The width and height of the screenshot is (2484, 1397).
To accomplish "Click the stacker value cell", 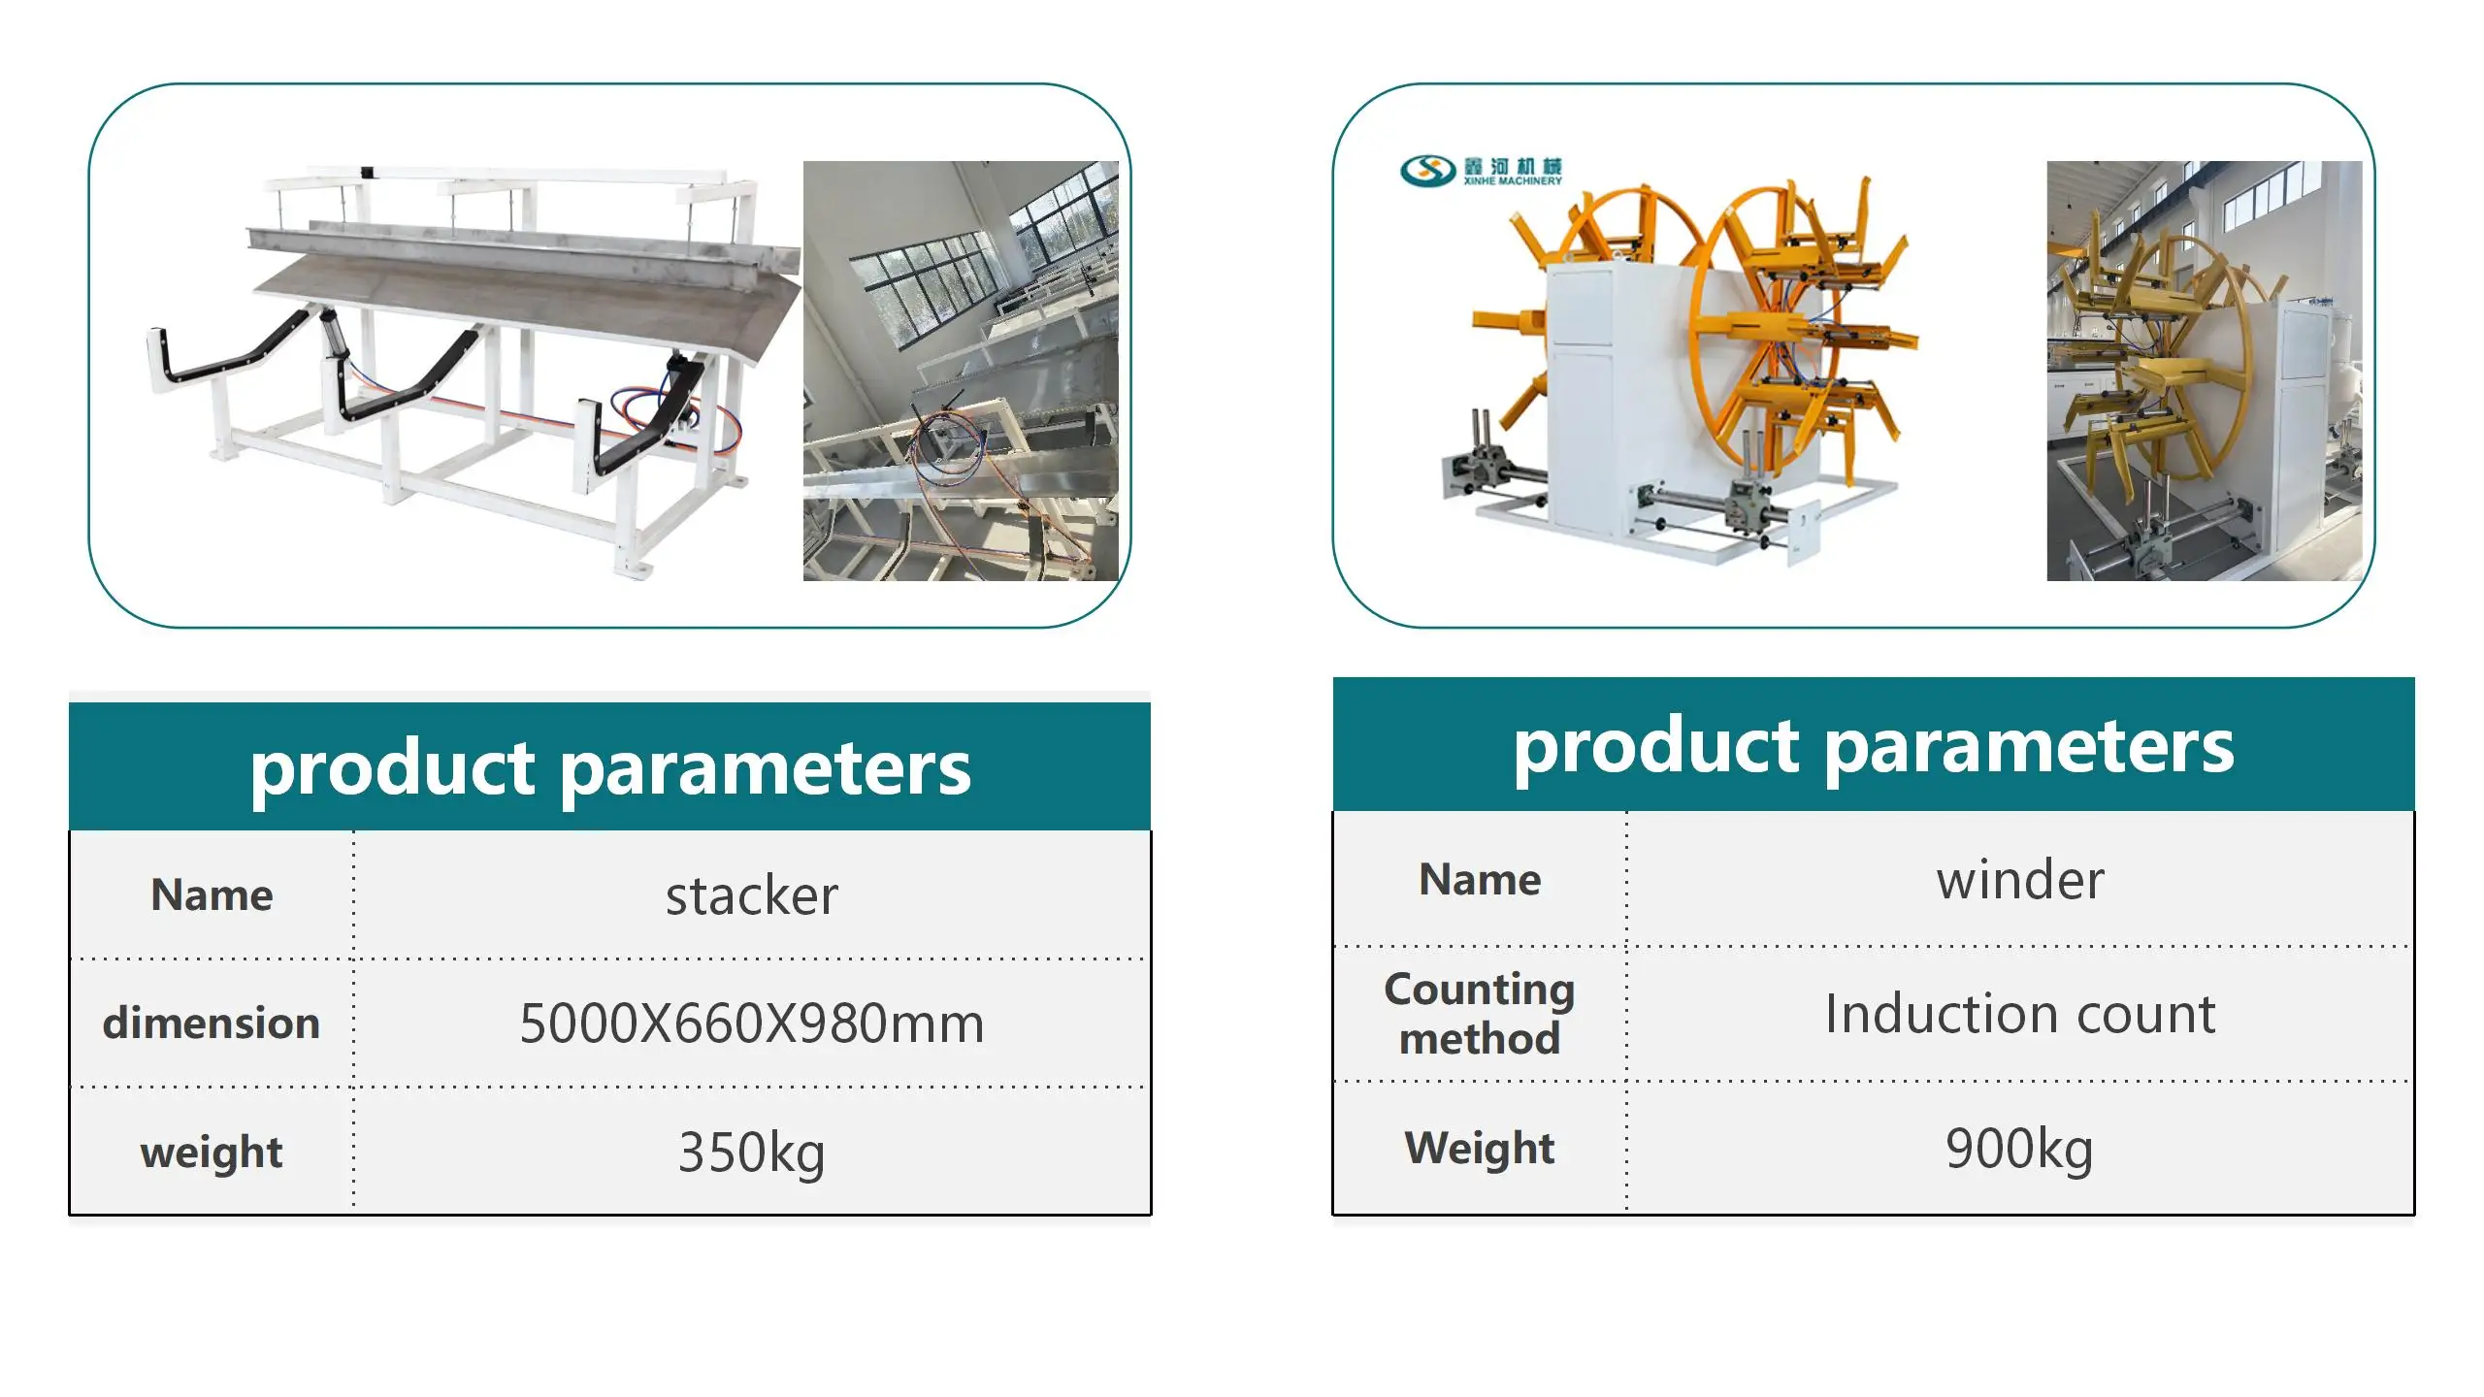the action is click(751, 894).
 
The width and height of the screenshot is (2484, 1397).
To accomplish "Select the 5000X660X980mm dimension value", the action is click(751, 1023).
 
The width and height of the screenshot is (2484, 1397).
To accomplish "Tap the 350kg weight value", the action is click(751, 1153).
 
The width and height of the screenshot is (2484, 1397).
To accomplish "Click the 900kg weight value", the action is click(2019, 1149).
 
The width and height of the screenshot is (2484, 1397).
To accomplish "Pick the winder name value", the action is click(2020, 880).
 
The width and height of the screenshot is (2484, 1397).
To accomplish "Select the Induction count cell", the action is click(2020, 1014).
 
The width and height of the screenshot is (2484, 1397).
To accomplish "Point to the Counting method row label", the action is click(1480, 1014).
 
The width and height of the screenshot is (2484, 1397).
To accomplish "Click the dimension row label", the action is click(212, 1023).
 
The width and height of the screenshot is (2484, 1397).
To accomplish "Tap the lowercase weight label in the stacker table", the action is click(212, 1153).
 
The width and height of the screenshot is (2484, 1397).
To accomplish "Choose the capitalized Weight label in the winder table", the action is click(1480, 1149).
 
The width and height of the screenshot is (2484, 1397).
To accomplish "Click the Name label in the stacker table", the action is click(212, 894).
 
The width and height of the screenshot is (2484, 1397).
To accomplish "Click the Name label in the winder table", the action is click(1480, 880).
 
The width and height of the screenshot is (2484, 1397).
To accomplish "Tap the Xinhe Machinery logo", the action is click(1481, 171).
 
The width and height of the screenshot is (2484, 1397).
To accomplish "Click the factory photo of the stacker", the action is click(961, 371).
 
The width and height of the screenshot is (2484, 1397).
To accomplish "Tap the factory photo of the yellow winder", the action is click(2205, 371).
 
